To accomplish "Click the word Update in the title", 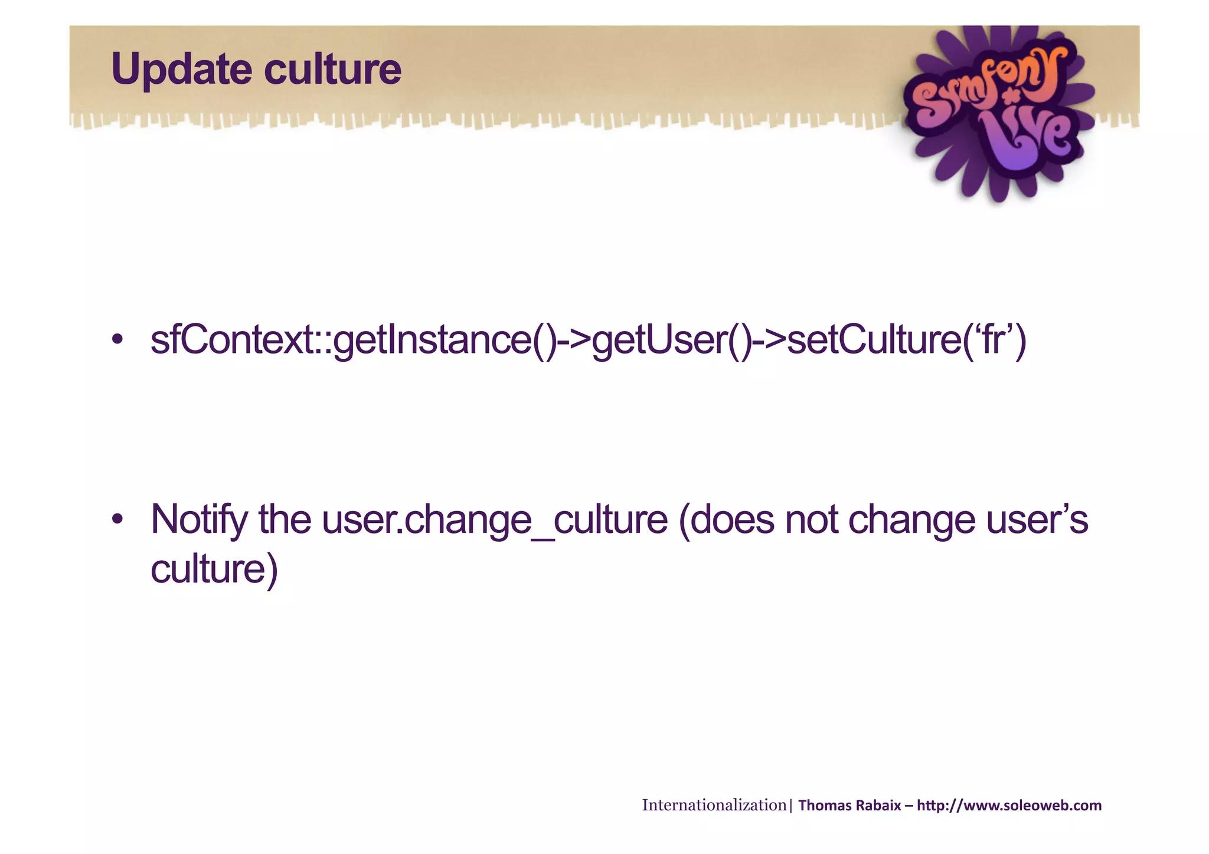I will point(182,70).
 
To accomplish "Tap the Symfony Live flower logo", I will point(998,112).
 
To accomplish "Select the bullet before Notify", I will point(117,519).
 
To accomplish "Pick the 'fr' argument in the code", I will point(994,341).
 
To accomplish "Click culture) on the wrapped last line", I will point(214,569).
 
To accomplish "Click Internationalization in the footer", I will point(714,806).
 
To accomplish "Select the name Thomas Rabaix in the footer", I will point(849,806).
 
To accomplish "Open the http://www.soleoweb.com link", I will point(1009,806).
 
